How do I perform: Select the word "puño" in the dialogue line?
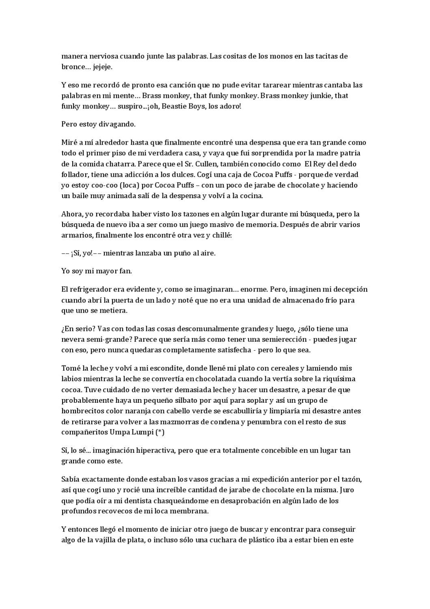point(173,253)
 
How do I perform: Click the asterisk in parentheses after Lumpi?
point(160,432)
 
